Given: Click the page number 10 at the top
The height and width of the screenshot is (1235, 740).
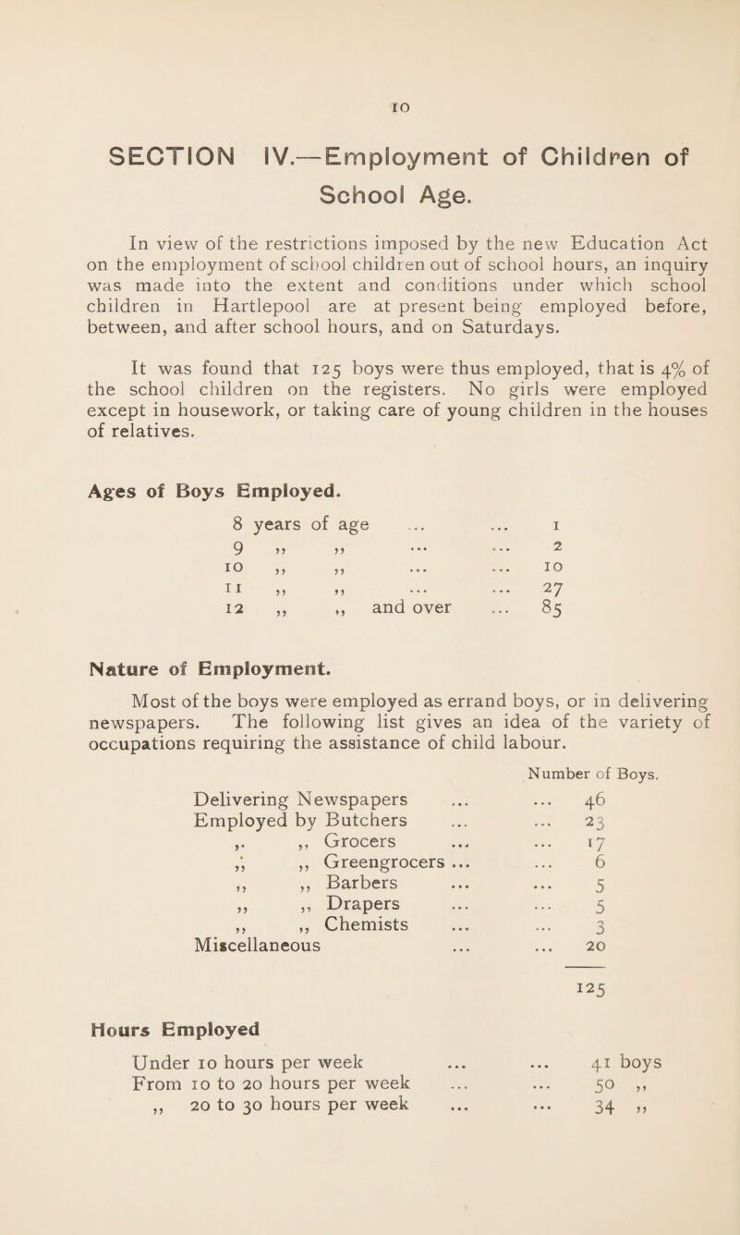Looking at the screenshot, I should pos(370,81).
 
